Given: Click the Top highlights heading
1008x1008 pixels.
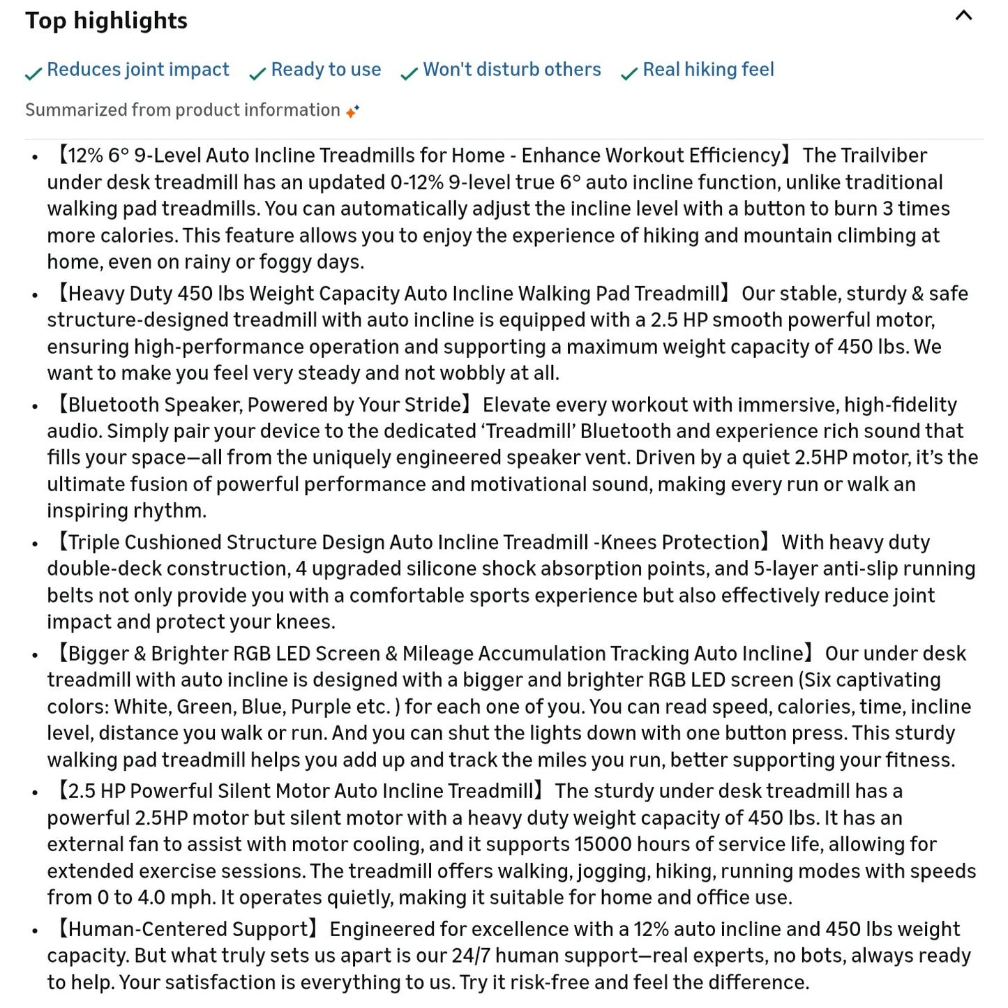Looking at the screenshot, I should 106,20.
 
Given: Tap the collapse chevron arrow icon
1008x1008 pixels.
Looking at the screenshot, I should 963,16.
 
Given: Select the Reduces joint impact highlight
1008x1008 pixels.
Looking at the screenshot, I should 137,70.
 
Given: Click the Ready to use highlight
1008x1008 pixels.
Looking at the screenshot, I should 326,70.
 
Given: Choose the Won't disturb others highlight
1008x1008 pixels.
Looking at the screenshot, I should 511,70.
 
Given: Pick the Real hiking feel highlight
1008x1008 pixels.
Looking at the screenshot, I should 708,70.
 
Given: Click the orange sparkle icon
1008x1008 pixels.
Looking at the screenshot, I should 353,111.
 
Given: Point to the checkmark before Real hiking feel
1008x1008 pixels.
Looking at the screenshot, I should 629,73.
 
